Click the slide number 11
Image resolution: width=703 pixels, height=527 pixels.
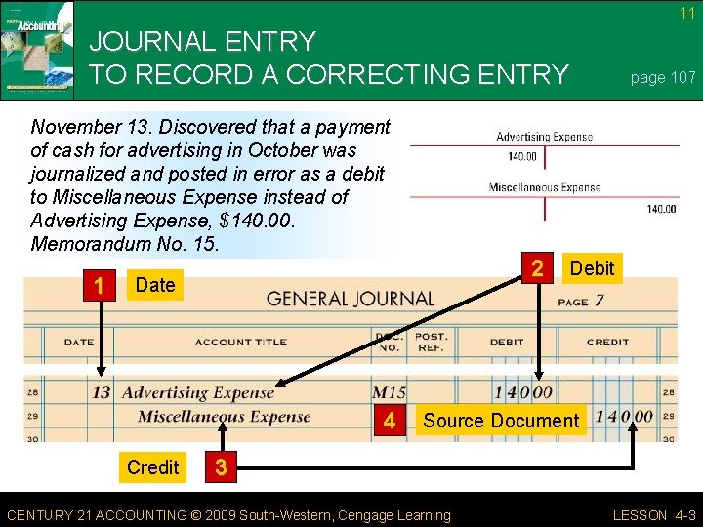coord(687,13)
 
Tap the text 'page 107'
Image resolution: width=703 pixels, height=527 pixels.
coord(663,78)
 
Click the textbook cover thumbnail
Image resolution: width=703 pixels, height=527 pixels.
coord(37,50)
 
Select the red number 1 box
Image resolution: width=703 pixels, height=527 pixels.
coord(99,285)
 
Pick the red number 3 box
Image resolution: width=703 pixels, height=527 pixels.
coord(221,467)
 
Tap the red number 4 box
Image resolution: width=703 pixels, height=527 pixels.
coord(390,421)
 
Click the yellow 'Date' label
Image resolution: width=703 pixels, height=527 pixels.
coord(155,285)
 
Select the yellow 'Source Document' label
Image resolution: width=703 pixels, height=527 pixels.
coord(501,421)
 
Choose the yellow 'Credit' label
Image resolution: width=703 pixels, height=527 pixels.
coord(153,467)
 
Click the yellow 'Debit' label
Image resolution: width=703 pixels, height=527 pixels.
coord(592,268)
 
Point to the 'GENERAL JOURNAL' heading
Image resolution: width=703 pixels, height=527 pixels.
coord(351,300)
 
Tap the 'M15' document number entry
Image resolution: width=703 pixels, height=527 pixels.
coord(390,392)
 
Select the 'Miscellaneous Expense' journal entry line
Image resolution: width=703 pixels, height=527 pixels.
coord(224,417)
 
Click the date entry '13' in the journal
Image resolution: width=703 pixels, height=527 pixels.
coord(101,392)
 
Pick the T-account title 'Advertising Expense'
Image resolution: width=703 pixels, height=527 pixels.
coord(544,137)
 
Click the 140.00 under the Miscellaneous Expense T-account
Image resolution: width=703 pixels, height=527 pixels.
coord(661,208)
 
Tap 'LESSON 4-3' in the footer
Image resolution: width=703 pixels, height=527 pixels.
coord(653,515)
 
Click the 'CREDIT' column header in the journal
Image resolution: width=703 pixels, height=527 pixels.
coord(607,342)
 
